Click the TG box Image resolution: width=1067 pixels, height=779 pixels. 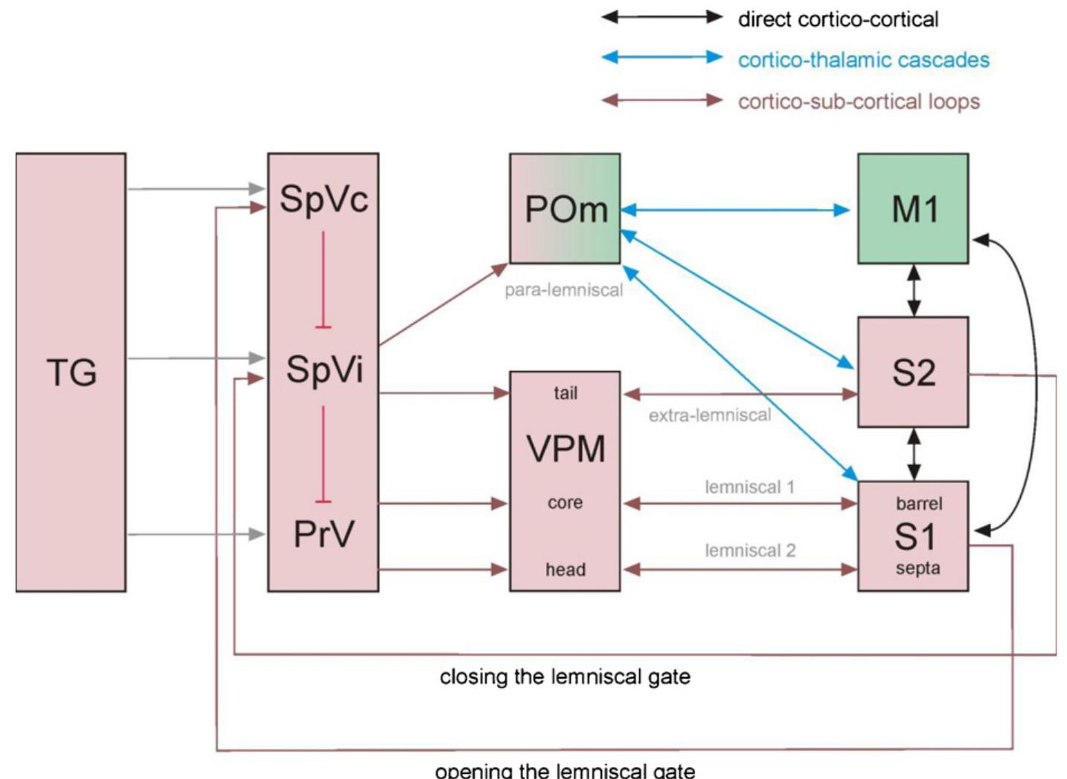click(71, 372)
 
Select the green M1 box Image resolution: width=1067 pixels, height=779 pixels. click(913, 209)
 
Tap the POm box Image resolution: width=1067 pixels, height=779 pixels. click(565, 209)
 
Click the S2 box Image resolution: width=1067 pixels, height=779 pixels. click(913, 372)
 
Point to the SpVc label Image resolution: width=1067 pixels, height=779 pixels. click(324, 199)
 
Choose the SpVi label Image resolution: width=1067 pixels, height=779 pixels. click(324, 370)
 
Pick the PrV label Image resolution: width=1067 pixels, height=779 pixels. click(324, 534)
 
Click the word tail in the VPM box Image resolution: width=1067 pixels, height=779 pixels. click(565, 393)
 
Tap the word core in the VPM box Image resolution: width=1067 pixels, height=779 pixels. click(565, 503)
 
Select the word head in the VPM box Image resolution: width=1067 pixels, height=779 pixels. click(565, 570)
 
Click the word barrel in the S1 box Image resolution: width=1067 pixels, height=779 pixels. click(919, 504)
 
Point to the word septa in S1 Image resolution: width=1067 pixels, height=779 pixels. click(917, 568)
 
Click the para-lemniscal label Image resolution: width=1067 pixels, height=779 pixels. click(563, 290)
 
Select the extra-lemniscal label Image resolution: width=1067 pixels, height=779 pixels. click(710, 415)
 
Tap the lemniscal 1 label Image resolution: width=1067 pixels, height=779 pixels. click(749, 487)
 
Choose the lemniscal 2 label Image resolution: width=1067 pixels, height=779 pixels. click(750, 551)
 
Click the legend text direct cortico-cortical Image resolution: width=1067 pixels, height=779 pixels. click(838, 19)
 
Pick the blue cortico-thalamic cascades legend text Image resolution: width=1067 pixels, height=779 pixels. click(863, 60)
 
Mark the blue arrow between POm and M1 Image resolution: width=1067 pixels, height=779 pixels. click(735, 211)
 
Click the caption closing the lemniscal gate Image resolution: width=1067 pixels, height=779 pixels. click(565, 677)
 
